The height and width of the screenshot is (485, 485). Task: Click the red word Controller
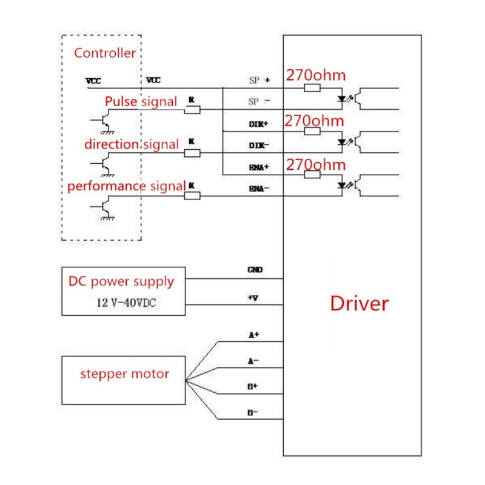coord(105,53)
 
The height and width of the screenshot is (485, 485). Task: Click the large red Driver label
coord(359,303)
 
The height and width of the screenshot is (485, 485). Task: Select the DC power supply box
coord(123,291)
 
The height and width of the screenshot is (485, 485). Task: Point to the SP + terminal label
coord(259,79)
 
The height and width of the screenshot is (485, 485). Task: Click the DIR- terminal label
coord(259,146)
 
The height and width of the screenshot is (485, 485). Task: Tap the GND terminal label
coord(255,270)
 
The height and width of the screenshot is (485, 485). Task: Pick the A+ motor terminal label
coord(253,333)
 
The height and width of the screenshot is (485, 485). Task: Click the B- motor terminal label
coord(253,412)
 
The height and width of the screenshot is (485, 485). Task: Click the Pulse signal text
coord(141,101)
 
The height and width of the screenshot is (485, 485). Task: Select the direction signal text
coord(131,144)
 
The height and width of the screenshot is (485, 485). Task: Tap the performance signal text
coord(125,186)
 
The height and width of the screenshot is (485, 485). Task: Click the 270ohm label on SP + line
coord(315,76)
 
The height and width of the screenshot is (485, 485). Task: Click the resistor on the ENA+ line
coord(312,175)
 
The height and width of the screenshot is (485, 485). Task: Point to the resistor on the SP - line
coord(192,110)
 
